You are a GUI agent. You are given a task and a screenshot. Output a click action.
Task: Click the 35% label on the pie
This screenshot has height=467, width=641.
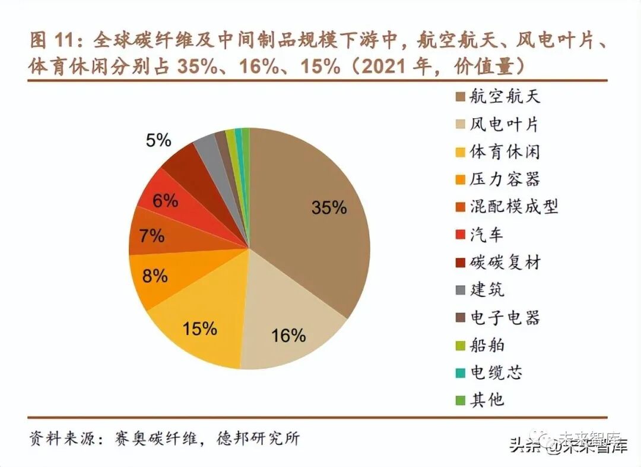(x=329, y=207)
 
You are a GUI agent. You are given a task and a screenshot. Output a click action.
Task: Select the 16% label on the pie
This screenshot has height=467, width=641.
(x=288, y=336)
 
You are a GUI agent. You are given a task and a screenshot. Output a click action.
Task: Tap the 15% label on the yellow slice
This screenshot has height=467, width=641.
(x=199, y=328)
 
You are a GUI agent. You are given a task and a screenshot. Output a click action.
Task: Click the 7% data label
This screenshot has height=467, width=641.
(x=152, y=236)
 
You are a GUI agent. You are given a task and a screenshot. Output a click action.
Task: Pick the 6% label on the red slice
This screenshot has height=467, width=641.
(x=165, y=201)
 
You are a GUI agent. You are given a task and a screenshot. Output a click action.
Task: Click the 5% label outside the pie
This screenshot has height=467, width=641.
(x=158, y=141)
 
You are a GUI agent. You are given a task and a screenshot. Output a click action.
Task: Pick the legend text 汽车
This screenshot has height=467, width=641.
(x=486, y=234)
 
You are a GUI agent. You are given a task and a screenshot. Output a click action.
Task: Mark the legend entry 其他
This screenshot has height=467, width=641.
(x=486, y=399)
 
